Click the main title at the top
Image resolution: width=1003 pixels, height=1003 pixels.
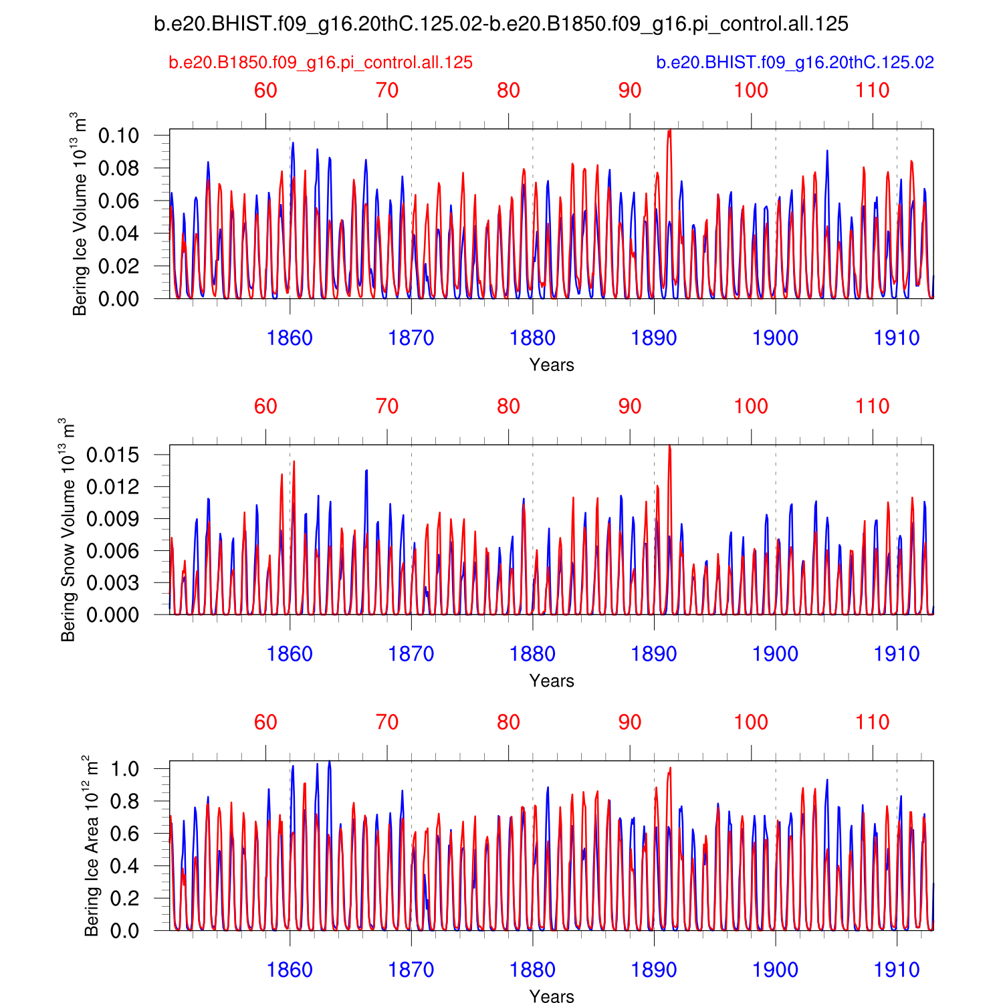(501, 25)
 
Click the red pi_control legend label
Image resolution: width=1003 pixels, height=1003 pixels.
(321, 63)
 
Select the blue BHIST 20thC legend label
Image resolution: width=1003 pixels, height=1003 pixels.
(795, 63)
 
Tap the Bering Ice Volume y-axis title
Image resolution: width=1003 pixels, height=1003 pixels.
(80, 214)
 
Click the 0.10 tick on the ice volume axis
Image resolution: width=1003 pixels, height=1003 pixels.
(119, 136)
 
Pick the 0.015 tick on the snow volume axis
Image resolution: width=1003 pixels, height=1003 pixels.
(113, 455)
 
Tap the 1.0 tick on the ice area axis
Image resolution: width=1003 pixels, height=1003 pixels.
(125, 769)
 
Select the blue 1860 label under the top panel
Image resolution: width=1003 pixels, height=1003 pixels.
(290, 338)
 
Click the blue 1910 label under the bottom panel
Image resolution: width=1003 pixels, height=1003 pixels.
(897, 970)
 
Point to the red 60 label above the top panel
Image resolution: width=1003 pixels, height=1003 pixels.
(265, 91)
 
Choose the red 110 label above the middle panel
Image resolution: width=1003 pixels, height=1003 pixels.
(873, 407)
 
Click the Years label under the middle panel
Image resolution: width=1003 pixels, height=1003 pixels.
(552, 681)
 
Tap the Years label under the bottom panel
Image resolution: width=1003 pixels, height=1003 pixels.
(552, 996)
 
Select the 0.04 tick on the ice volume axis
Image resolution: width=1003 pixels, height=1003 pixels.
(119, 233)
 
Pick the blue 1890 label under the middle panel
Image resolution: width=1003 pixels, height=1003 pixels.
(654, 654)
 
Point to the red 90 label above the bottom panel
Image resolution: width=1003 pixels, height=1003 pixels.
(630, 723)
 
